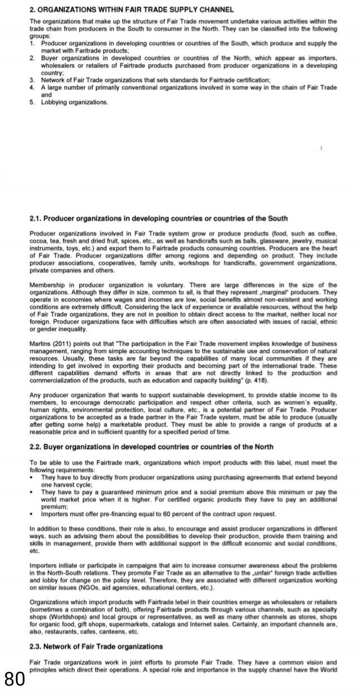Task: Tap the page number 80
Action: [x=15, y=677]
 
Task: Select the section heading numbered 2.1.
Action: [x=159, y=218]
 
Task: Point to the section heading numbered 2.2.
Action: [x=151, y=446]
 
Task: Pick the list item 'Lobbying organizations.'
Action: [x=74, y=102]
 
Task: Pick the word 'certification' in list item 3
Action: [x=252, y=80]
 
